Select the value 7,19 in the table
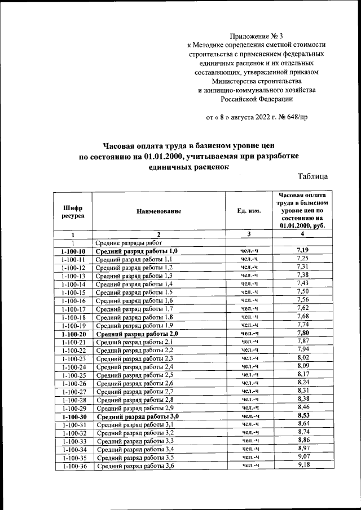pyautogui.click(x=302, y=250)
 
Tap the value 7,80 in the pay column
pyautogui.click(x=303, y=333)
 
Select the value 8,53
pyautogui.click(x=303, y=416)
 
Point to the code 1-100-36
pyautogui.click(x=73, y=467)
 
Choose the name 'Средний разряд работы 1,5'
pyautogui.click(x=134, y=292)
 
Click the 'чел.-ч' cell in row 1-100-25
pyautogui.click(x=249, y=375)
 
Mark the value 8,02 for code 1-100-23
pyautogui.click(x=303, y=358)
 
